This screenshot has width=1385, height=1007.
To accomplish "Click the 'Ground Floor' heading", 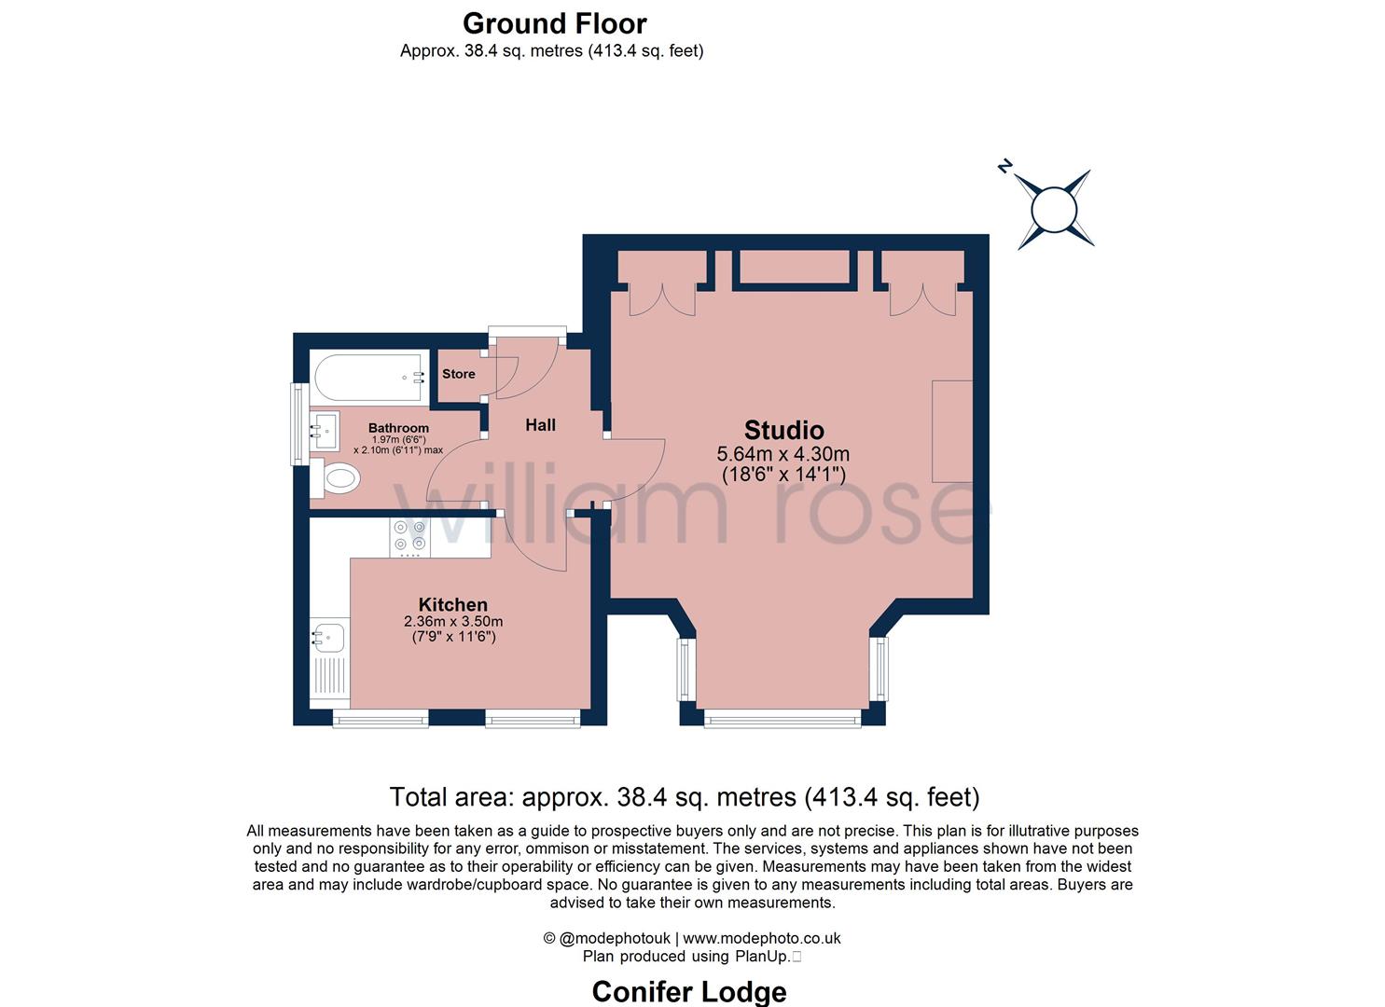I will tap(554, 23).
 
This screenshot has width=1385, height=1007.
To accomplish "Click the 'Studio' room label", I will tap(783, 430).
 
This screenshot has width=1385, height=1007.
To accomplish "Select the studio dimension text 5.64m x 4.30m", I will tap(783, 455).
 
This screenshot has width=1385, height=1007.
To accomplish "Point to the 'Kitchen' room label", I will tap(452, 604).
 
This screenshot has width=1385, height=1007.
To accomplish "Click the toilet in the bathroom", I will tap(338, 479).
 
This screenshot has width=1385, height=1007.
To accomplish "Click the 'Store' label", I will tap(458, 374).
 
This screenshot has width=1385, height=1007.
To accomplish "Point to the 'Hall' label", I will tap(540, 425).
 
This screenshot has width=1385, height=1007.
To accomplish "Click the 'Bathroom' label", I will tap(398, 428).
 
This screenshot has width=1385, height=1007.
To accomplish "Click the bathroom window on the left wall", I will tap(297, 423).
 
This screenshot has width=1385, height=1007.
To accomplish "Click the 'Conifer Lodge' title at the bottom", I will tap(689, 991).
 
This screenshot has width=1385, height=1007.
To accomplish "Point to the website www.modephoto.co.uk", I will tap(762, 939).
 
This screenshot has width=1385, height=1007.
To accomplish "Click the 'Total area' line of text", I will tap(684, 797).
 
